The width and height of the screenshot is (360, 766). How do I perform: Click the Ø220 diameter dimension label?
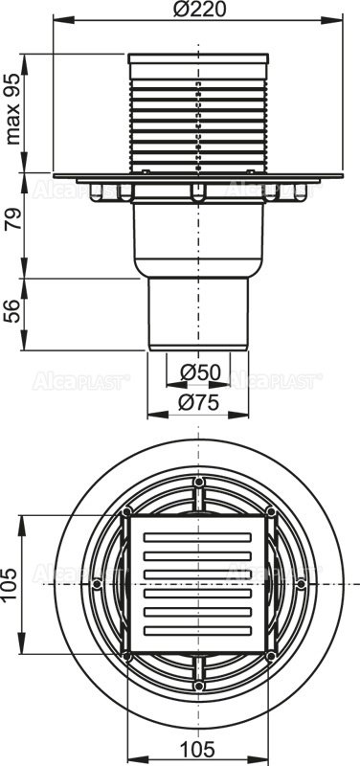[x=199, y=11]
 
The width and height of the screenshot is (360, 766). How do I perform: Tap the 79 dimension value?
[x=13, y=227]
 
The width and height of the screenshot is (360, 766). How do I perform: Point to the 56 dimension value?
[x=13, y=313]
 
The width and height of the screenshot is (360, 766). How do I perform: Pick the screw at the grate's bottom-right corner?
[x=271, y=656]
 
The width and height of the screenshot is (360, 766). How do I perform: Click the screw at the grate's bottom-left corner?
[x=126, y=656]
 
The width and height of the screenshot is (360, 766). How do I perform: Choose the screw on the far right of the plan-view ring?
[x=301, y=583]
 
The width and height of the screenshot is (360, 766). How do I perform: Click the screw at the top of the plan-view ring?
[x=198, y=482]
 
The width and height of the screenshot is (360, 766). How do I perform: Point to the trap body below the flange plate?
[x=198, y=239]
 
